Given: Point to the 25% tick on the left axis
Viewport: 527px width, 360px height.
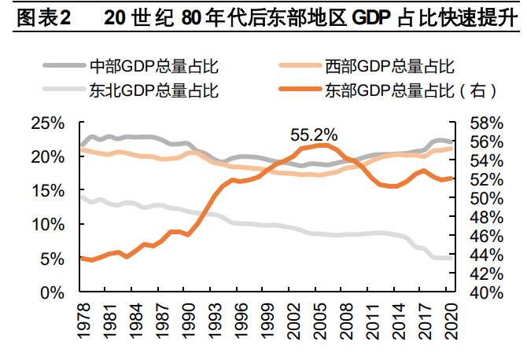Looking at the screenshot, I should click(x=49, y=123).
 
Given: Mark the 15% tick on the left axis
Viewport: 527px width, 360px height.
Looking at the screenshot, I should click(x=49, y=191).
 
